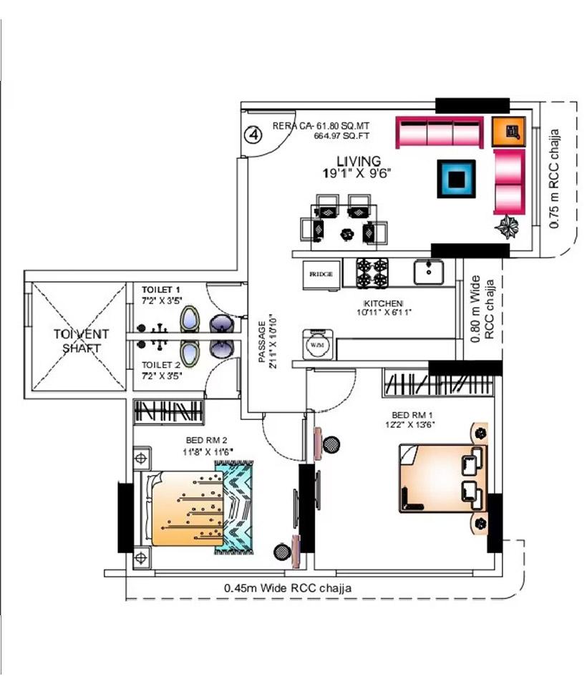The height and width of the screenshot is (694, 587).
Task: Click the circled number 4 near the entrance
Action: point(252,134)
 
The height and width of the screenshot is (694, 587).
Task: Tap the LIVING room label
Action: point(359,162)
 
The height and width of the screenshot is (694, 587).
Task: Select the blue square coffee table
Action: point(456,178)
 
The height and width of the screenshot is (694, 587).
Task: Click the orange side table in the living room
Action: point(510,131)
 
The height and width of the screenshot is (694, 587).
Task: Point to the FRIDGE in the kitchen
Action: point(321,274)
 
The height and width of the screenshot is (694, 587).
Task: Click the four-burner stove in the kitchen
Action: point(372,273)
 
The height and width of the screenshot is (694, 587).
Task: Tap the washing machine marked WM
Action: point(316,344)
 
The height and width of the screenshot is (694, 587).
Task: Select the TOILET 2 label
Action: point(160,364)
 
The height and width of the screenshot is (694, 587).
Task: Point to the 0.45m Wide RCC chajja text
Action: point(288,587)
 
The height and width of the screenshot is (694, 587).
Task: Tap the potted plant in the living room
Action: point(508,228)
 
